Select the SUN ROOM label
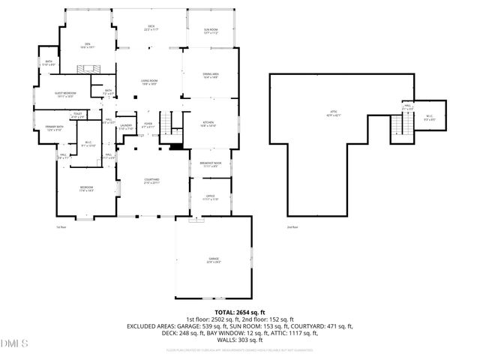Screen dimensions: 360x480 [211, 31]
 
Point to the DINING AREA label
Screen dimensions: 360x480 [211, 75]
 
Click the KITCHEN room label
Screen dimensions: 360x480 [208, 123]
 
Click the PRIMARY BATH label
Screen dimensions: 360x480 [55, 128]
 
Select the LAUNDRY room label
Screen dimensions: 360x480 [126, 127]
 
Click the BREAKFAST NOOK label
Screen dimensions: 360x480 [211, 164]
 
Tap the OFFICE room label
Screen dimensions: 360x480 [210, 198]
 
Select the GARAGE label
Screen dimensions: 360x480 [214, 259]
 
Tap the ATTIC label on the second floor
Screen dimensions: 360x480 [332, 115]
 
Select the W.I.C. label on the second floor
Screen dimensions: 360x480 [428, 117]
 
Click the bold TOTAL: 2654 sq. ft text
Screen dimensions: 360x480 [239, 311]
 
